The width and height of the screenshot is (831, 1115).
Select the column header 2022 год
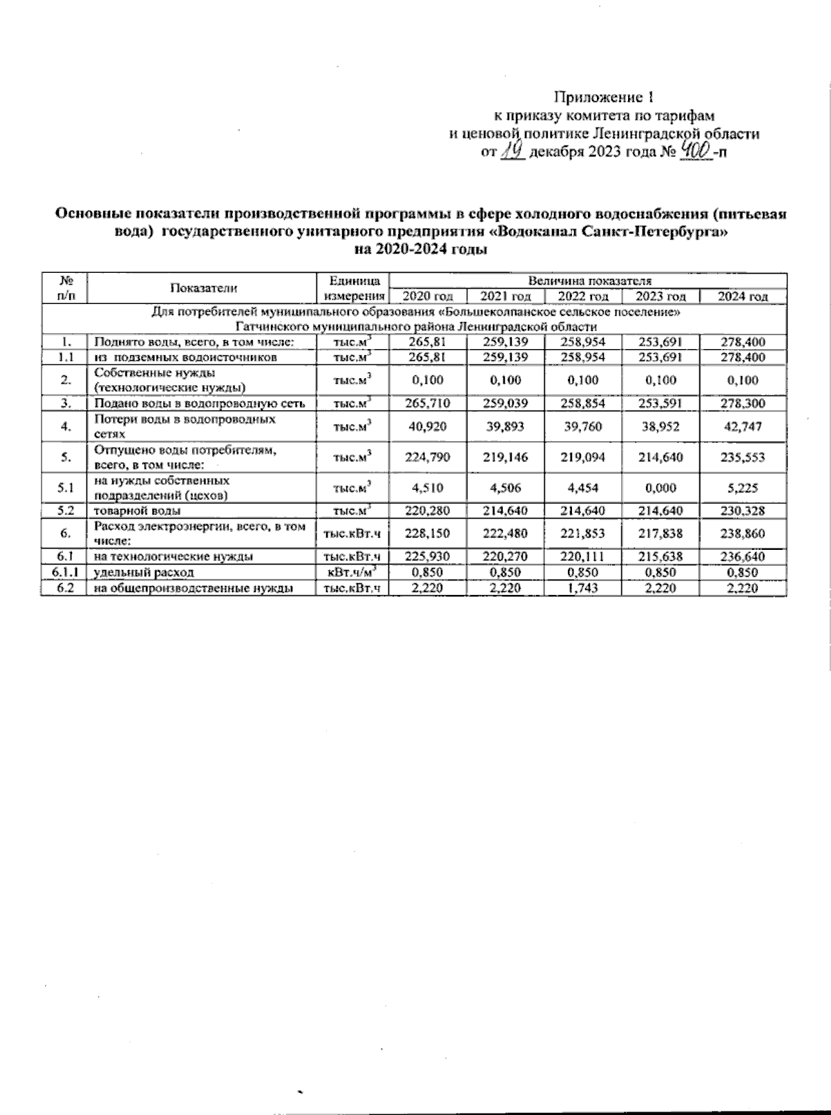[x=583, y=296]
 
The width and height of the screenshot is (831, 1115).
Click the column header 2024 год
[x=742, y=296]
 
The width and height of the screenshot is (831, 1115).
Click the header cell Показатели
[x=204, y=289]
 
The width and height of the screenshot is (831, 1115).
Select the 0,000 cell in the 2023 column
[x=660, y=488]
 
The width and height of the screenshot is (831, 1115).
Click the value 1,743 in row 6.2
[x=583, y=588]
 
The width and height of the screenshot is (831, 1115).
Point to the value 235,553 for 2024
[x=744, y=457]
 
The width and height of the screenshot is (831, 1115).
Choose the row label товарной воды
[x=138, y=510]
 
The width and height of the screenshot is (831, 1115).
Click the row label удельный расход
[x=144, y=572]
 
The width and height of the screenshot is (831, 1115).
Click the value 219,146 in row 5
[x=506, y=457]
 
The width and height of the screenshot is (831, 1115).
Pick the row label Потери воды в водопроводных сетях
[x=185, y=427]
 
